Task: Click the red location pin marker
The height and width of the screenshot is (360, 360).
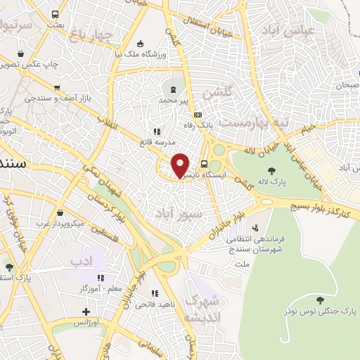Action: pos(180,165)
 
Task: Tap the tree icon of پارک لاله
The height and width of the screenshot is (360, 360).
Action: pos(271,170)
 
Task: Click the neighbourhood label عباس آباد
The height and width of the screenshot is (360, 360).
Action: pos(283,29)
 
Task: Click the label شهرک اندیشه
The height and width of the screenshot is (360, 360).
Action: pos(202,309)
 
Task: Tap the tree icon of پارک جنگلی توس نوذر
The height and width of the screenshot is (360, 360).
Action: pos(320,300)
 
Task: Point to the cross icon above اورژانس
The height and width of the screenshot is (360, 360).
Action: pos(86,311)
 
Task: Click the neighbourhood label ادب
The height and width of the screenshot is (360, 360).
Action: pos(82,262)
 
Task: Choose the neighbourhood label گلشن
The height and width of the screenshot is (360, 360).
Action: pos(217,92)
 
